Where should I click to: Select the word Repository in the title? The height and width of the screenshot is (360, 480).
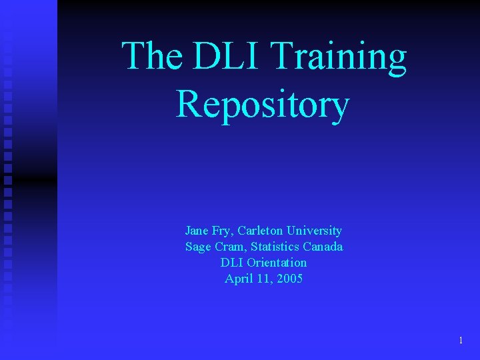pyautogui.click(x=263, y=105)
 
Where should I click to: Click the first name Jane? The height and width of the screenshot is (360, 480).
pyautogui.click(x=197, y=231)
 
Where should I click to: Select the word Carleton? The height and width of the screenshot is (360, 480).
pyautogui.click(x=262, y=231)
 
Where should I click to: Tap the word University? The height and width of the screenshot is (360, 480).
pyautogui.click(x=315, y=231)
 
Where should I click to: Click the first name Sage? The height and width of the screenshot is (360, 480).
pyautogui.click(x=197, y=247)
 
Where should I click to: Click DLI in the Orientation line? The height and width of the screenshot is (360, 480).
pyautogui.click(x=231, y=263)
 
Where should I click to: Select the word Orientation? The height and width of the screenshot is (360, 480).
pyautogui.click(x=277, y=263)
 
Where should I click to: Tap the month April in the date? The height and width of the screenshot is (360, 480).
pyautogui.click(x=238, y=279)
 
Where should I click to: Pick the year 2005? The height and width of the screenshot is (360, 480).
pyautogui.click(x=289, y=279)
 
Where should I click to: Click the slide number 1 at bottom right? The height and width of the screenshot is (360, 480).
pyautogui.click(x=461, y=341)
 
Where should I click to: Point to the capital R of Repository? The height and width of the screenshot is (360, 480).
pyautogui.click(x=189, y=105)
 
